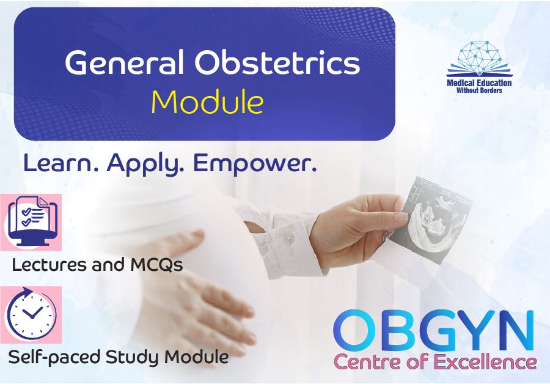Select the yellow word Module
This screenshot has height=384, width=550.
click(x=207, y=102)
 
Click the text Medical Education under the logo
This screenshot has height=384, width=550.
click(x=479, y=83)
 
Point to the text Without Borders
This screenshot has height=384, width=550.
click(x=479, y=90)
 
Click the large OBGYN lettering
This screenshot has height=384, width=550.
click(x=434, y=331)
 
